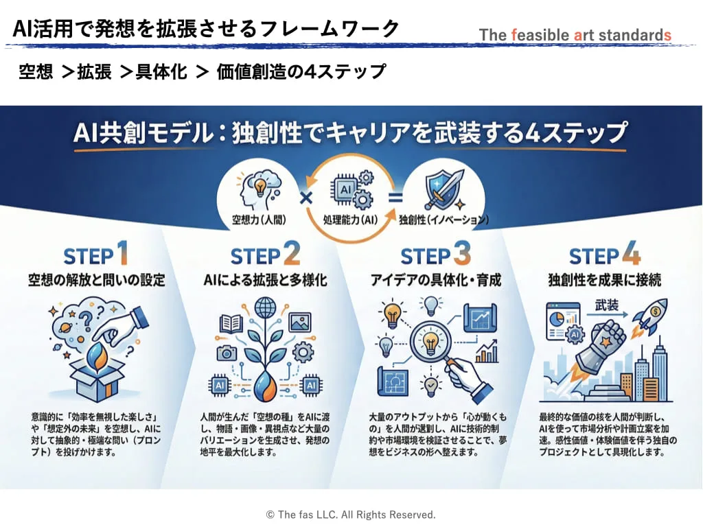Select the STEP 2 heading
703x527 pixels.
(265, 256)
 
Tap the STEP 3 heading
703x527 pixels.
(435, 256)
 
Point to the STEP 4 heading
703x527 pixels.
(605, 256)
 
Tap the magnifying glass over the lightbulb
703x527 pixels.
(433, 347)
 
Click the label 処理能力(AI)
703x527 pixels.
(349, 220)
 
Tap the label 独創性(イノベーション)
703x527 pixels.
(443, 220)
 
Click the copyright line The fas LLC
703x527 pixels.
(351, 514)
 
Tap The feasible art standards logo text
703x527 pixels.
(575, 34)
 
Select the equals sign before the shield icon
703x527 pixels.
(393, 197)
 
